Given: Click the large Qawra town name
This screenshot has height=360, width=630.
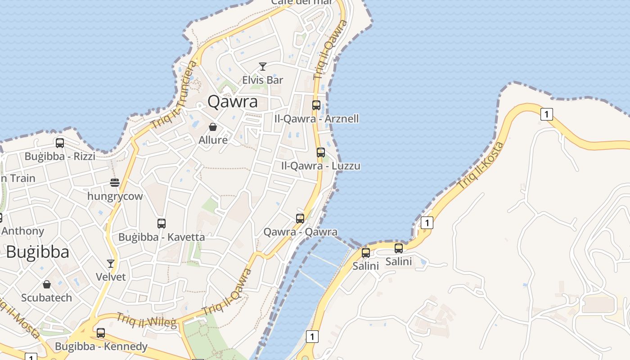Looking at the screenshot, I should tap(233, 102).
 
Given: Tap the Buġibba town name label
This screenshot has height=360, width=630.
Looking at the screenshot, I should tap(38, 252).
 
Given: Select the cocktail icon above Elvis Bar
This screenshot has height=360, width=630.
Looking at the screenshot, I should tap(263, 67).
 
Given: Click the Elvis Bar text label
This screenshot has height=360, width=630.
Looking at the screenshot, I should tap(263, 80).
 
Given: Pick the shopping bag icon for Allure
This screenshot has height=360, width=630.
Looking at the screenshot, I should tap(213, 127).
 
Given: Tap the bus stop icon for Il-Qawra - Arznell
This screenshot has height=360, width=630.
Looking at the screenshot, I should tap(316, 105).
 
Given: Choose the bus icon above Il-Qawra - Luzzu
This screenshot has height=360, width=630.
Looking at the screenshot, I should tap(321, 153).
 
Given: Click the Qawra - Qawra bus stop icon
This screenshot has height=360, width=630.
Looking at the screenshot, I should tap(300, 219).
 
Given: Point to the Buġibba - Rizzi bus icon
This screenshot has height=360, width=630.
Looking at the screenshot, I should tap(60, 143).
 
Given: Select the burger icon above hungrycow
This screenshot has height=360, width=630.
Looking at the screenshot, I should tap(115, 183).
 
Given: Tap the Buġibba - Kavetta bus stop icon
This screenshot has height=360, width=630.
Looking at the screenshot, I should tap(162, 223).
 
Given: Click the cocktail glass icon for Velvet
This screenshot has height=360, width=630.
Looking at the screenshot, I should tap(111, 263).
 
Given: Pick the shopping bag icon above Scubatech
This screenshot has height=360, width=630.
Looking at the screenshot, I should tap(47, 284).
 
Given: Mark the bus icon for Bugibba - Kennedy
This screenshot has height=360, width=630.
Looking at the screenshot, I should tap(101, 333).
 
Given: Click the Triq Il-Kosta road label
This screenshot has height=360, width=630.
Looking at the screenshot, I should tap(480, 165).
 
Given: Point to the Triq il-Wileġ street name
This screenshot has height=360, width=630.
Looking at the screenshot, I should tap(147, 320).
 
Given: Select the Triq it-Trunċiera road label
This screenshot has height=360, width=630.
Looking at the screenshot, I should tap(175, 95).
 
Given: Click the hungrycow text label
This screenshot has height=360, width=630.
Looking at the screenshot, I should tap(115, 196).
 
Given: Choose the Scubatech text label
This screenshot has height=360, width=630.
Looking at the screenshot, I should tap(47, 298).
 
